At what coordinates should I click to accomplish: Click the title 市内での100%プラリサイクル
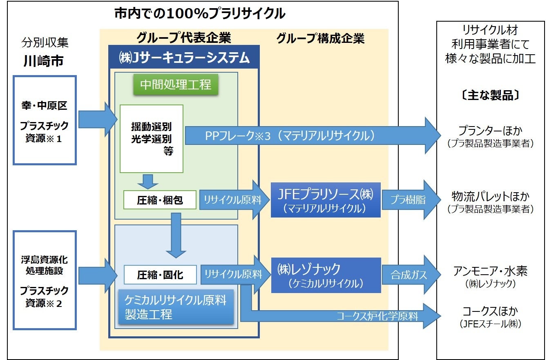[x=200, y=14]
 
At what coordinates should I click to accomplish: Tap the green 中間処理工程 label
[x=176, y=84]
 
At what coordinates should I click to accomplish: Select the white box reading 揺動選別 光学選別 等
[x=152, y=138]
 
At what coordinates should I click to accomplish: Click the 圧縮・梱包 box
[x=160, y=200]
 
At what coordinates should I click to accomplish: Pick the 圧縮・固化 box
[x=160, y=275]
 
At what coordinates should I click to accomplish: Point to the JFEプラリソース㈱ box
[x=326, y=200]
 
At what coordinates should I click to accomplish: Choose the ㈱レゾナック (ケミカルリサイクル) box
[x=326, y=275]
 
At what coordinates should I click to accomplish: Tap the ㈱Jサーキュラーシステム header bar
[x=184, y=57]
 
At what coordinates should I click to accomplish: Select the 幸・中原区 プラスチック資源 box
[x=45, y=120]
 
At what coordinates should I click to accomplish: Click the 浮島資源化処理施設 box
[x=45, y=280]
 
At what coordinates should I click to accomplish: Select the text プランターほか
[x=490, y=131]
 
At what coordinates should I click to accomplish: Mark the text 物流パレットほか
[x=490, y=196]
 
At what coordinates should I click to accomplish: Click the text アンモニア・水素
[x=490, y=271]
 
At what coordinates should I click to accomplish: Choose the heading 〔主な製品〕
[x=490, y=95]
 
